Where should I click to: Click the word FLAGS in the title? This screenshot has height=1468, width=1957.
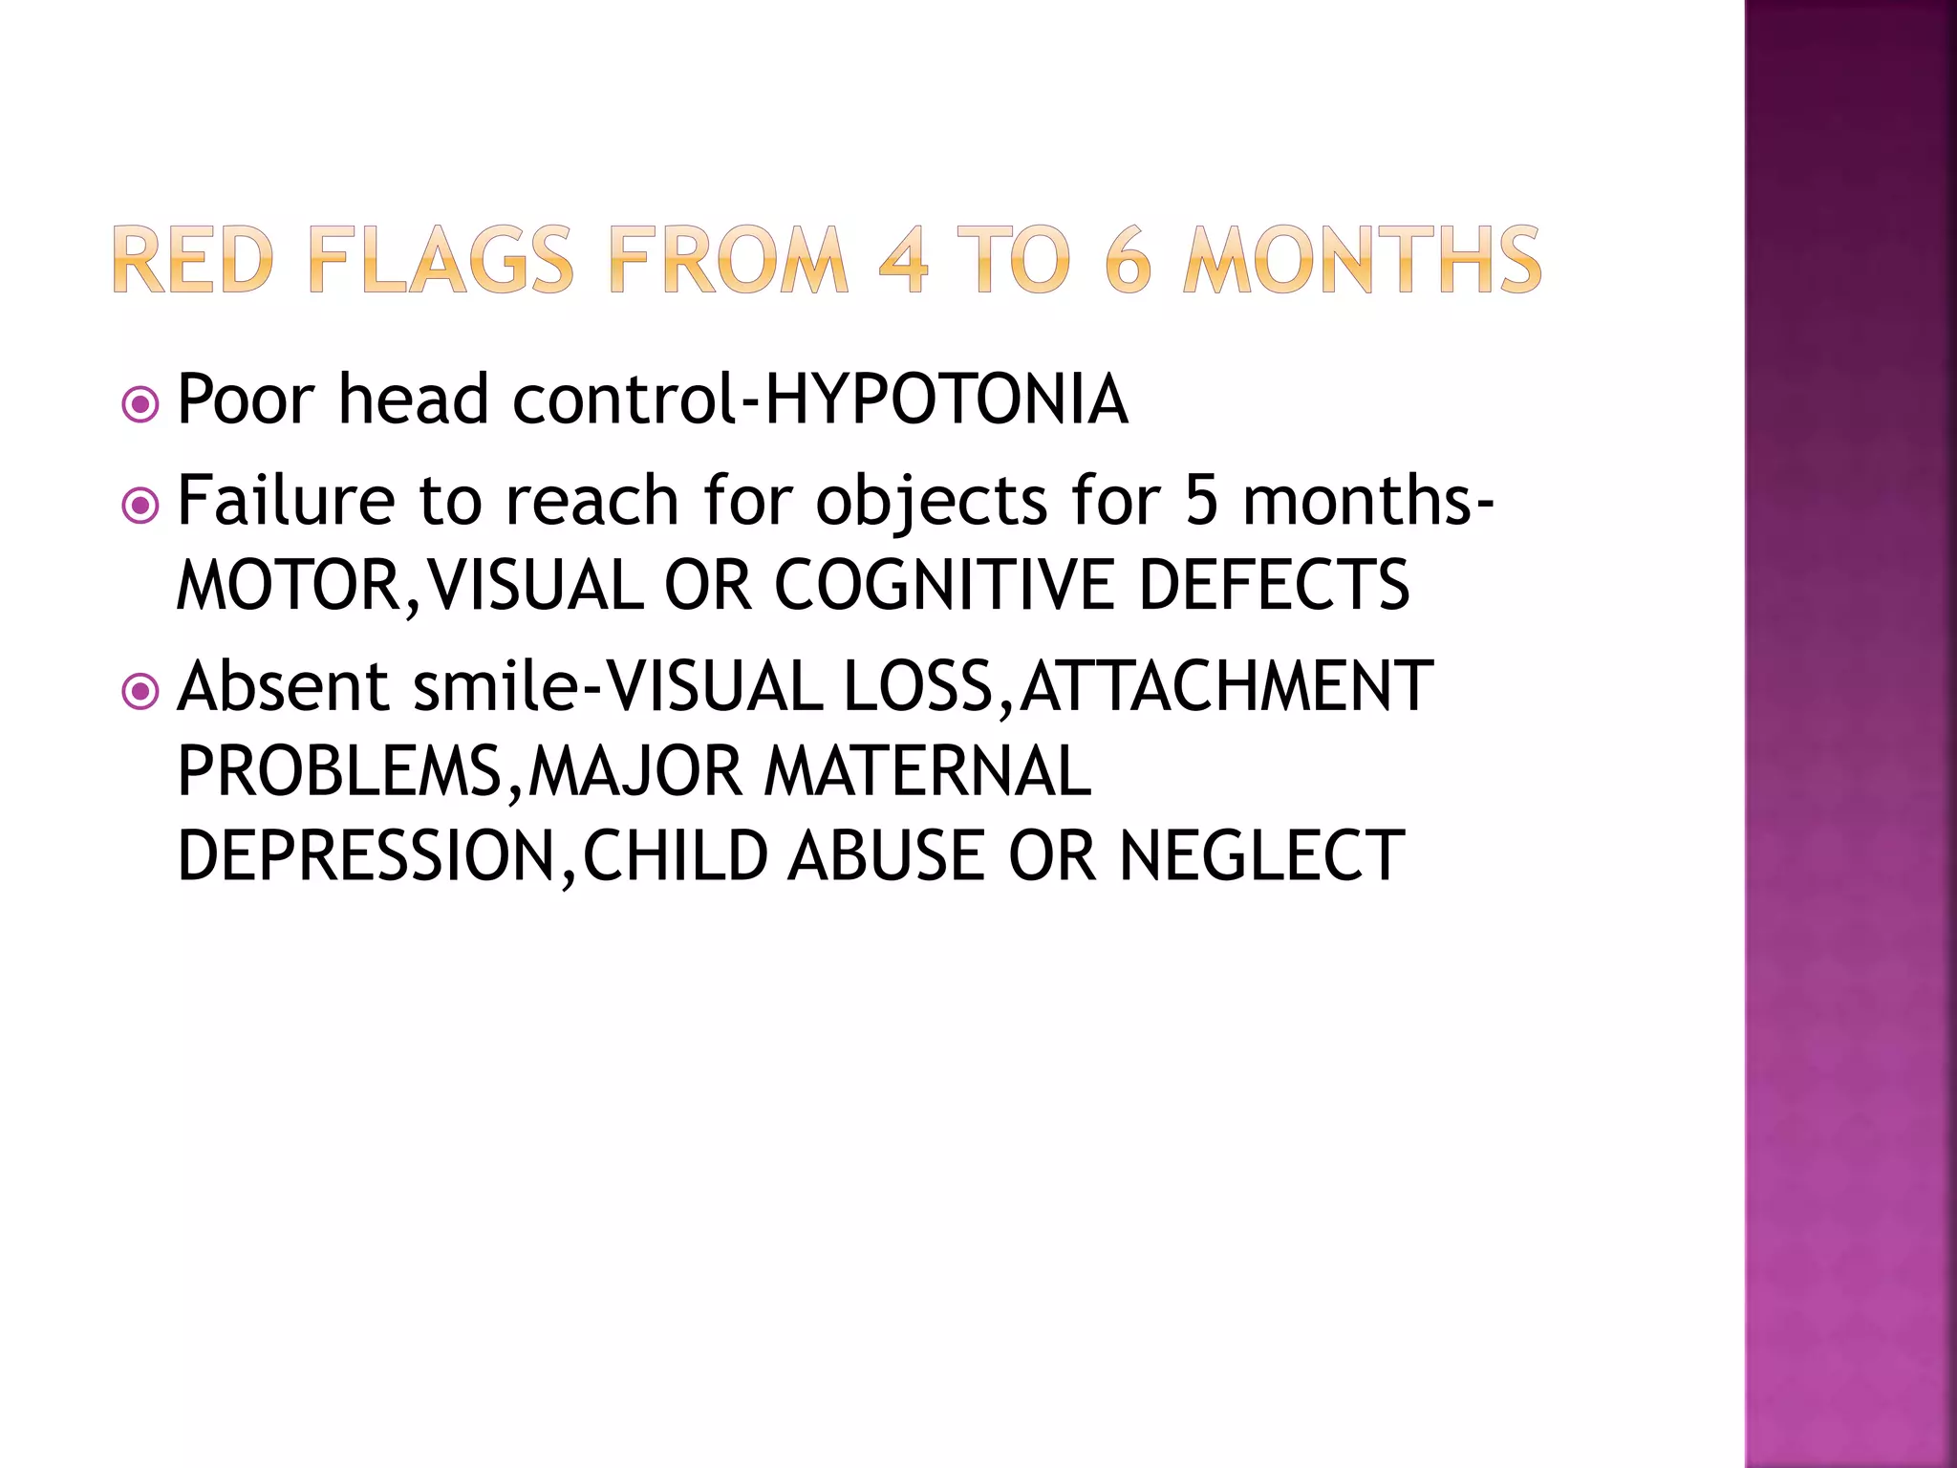(x=441, y=260)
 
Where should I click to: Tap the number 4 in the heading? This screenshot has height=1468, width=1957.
(x=903, y=260)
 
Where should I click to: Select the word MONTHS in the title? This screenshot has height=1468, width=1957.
(x=1362, y=260)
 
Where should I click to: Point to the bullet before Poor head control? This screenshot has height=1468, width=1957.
(x=141, y=405)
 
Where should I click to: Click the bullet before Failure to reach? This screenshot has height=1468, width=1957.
(x=141, y=506)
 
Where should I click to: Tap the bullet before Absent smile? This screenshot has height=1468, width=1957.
(x=141, y=691)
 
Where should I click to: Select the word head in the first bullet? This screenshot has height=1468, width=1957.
(x=414, y=399)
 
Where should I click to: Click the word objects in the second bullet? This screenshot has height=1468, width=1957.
(x=932, y=501)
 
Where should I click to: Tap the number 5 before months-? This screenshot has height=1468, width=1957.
(x=1202, y=501)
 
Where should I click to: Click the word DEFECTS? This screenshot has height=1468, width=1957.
(x=1274, y=585)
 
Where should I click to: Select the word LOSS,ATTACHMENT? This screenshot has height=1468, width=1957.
(x=1138, y=686)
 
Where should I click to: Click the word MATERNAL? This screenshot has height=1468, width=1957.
(x=927, y=771)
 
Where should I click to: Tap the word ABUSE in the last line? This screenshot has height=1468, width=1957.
(x=886, y=856)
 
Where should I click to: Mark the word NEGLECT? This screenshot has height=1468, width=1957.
(x=1261, y=856)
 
